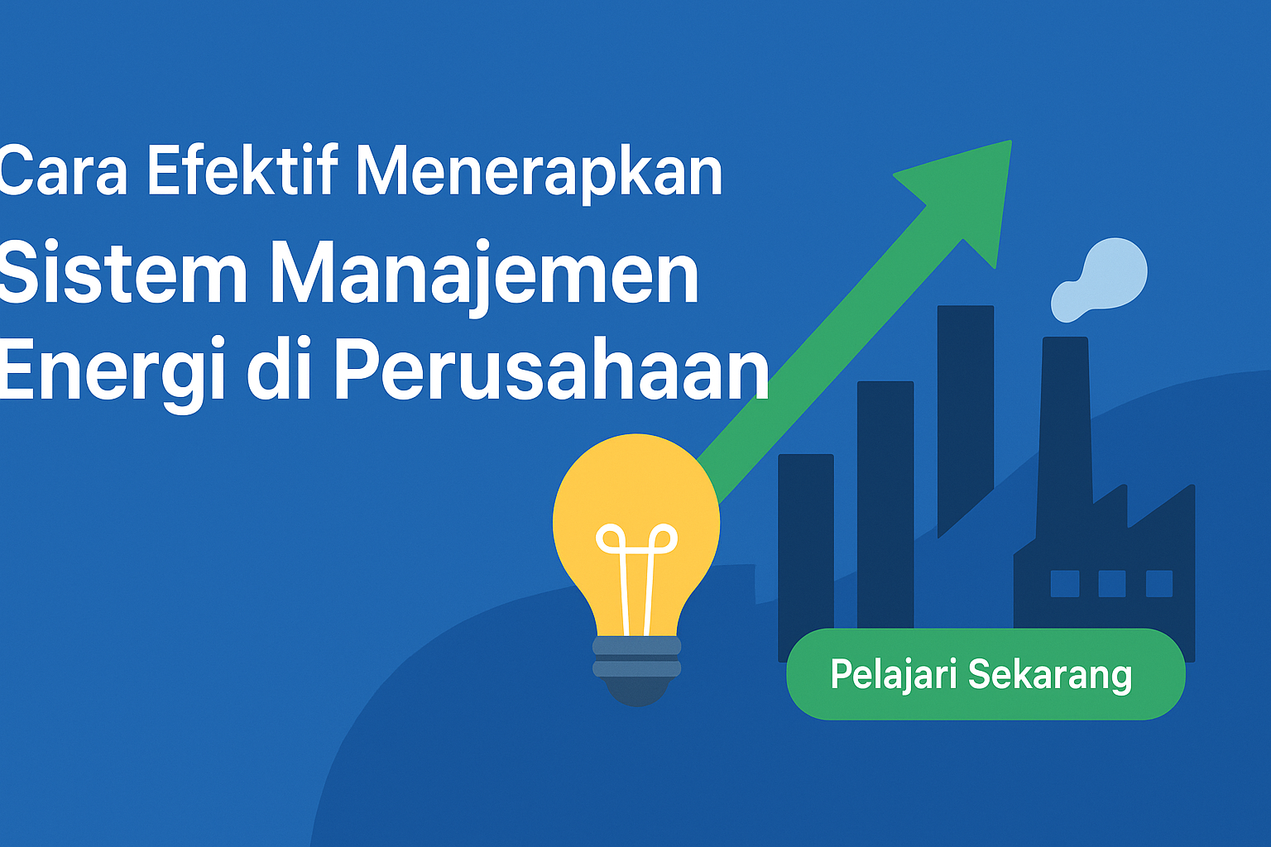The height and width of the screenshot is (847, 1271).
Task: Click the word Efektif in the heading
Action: coord(242,169)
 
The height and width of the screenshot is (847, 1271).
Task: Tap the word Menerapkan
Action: coord(539,173)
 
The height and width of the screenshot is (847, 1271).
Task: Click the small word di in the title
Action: coord(279,367)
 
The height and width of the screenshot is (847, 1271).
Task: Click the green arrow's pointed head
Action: coord(965,192)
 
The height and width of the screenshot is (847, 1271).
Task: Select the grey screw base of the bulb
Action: coord(636,669)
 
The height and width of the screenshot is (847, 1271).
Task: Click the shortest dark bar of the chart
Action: coord(806,556)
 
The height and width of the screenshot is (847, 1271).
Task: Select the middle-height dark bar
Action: coord(885,505)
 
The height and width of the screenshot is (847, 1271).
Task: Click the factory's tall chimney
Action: coord(1065,437)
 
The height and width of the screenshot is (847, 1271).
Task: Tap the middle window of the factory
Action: coord(1112,584)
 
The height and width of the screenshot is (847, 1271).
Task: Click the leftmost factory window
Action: coord(1065,584)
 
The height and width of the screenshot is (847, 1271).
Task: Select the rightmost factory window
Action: coord(1159,584)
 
